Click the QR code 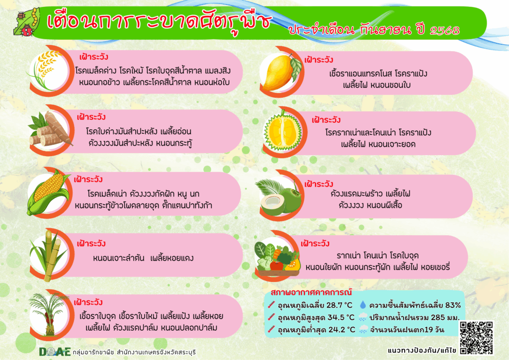click(477, 338)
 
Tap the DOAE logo click(55, 352)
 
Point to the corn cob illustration click(49, 192)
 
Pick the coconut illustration click(279, 197)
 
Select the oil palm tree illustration click(49, 313)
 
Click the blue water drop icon click(362, 305)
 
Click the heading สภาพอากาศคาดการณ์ click(311, 292)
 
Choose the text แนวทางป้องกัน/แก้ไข click(422, 351)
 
